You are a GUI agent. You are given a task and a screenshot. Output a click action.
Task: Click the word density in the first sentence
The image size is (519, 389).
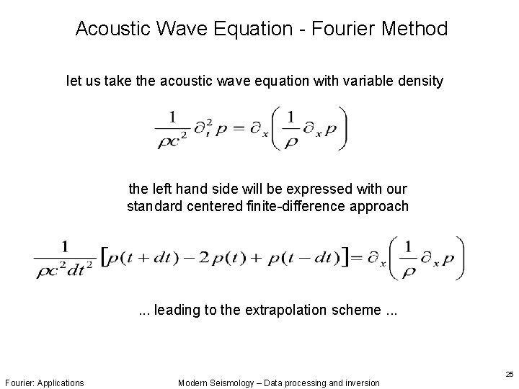point(420,81)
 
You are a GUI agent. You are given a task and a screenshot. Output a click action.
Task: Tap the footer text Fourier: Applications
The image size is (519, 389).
point(44,383)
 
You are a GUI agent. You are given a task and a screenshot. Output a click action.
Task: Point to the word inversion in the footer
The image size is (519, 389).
point(359,383)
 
